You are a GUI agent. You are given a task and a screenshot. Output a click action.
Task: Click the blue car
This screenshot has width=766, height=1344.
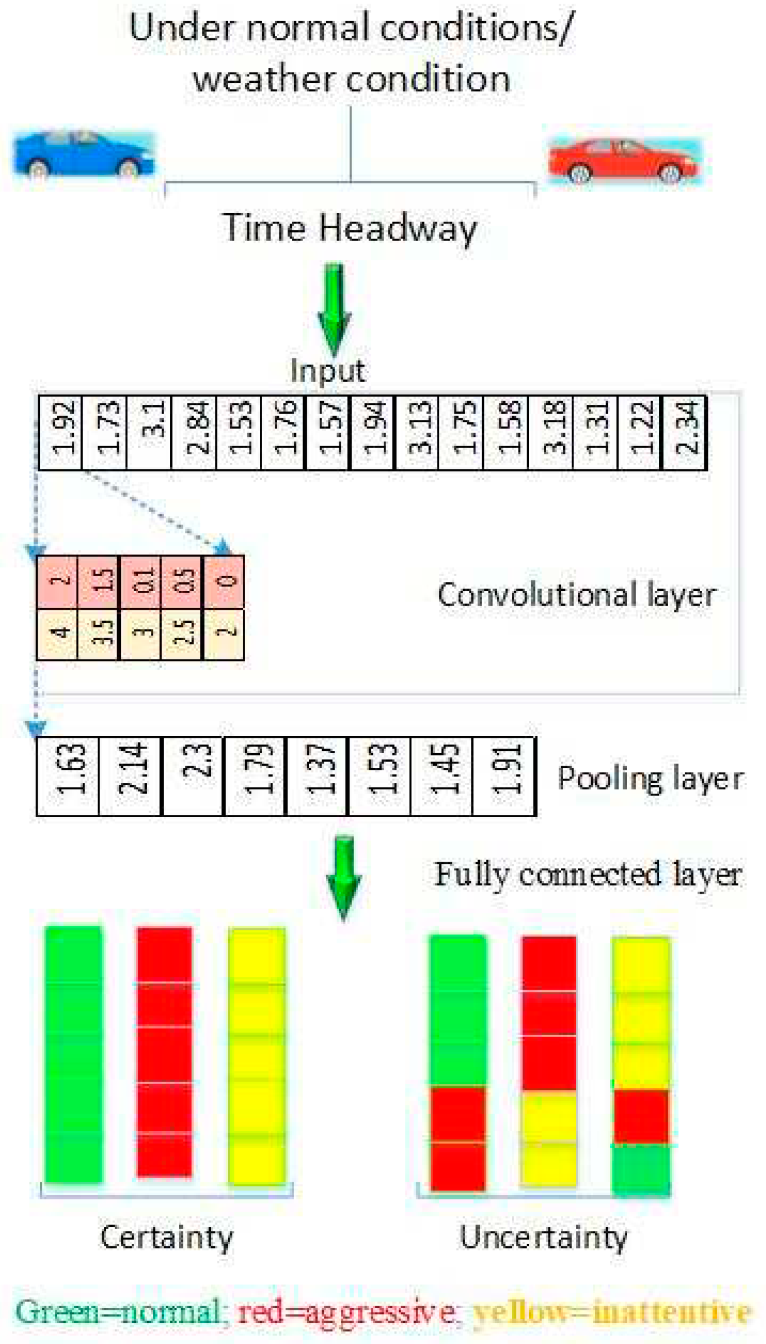coord(83,154)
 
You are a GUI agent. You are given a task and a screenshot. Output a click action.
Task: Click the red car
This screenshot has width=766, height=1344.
coord(623,161)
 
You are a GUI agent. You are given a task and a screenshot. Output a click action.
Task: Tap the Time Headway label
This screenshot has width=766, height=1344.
coord(350,228)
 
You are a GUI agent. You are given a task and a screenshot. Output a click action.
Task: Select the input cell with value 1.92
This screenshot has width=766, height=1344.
coord(61,433)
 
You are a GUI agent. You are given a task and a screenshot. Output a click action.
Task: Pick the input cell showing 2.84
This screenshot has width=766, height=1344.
coord(194,433)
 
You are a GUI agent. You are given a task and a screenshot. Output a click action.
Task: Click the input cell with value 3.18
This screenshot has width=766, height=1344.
coord(551,433)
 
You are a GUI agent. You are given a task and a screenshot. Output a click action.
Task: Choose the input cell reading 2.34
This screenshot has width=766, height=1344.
coord(684,433)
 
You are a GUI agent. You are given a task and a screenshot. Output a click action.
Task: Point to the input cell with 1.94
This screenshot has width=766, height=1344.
coord(372,433)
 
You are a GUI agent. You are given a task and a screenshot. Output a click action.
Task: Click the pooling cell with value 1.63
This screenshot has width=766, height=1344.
coord(68,775)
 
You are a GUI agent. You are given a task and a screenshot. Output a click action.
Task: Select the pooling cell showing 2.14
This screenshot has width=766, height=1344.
coord(131,775)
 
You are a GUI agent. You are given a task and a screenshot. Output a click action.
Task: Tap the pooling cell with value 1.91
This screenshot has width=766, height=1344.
coord(504,775)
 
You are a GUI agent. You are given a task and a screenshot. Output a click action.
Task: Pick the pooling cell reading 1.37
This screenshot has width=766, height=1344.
coord(317,775)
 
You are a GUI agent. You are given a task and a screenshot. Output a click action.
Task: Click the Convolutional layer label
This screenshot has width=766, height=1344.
coord(577,595)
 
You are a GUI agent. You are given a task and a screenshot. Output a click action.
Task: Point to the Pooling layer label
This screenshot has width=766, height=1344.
coord(651,778)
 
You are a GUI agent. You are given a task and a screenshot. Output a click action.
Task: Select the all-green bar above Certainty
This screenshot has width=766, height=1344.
coord(74,1054)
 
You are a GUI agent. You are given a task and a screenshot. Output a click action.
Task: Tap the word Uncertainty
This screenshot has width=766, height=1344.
coord(543,1238)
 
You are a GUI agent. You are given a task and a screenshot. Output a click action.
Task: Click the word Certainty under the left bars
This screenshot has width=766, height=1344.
coord(167,1238)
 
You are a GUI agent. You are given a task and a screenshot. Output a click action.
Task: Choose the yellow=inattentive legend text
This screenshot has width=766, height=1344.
coord(612,1312)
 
